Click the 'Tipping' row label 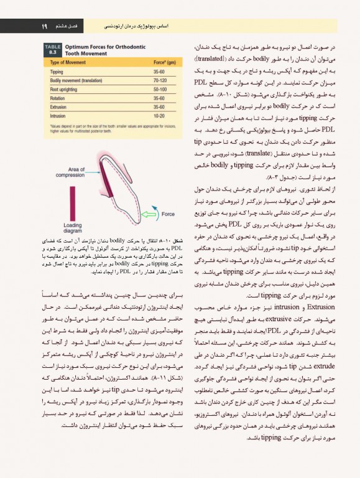[x=57, y=72]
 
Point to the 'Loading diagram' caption [x=72, y=228]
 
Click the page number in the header [x=45, y=26]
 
